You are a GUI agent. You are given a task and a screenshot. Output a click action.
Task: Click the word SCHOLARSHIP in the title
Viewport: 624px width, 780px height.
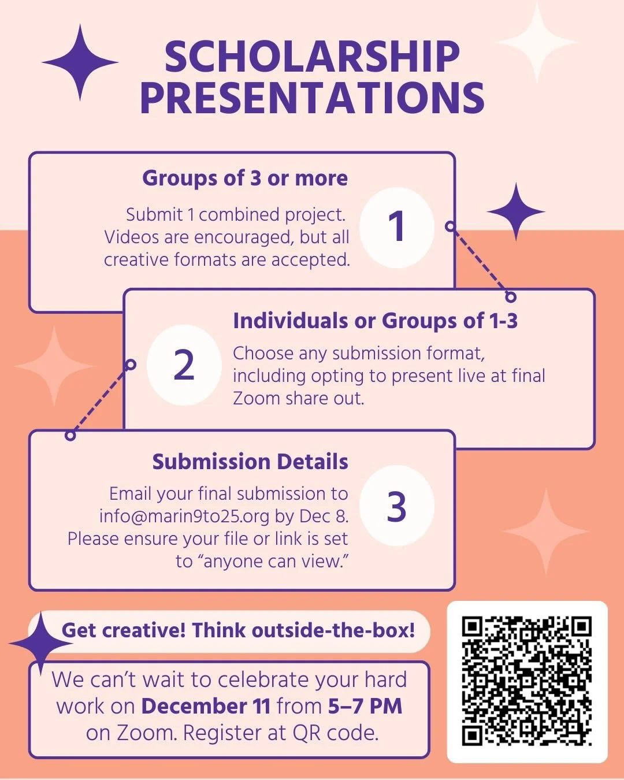[x=312, y=57]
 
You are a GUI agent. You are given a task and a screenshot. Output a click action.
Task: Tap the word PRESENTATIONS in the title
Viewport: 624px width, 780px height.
[x=312, y=98]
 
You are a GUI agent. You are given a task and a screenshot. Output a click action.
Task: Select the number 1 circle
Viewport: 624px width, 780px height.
[x=396, y=226]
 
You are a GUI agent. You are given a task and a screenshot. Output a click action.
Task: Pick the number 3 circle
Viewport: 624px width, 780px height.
[x=396, y=507]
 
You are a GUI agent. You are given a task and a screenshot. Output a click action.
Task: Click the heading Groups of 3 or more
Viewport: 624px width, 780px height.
[x=245, y=178]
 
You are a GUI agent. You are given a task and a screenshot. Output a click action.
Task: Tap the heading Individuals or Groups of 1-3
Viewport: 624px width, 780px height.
[x=375, y=320]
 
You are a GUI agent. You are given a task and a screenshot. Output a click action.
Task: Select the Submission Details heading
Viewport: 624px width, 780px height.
[x=250, y=462]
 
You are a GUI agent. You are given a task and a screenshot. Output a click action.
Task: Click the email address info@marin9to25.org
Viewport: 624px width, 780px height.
[x=184, y=516]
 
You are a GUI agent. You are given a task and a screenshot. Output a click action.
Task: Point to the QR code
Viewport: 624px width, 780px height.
[x=527, y=682]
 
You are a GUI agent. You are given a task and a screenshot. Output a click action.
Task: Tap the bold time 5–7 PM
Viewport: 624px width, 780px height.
[x=365, y=706]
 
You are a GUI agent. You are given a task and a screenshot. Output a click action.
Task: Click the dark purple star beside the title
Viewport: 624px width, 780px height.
[x=80, y=62]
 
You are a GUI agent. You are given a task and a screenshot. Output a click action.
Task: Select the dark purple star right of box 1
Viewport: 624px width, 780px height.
[x=515, y=211]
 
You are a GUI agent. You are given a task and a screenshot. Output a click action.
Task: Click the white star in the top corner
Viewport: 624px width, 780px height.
[x=537, y=42]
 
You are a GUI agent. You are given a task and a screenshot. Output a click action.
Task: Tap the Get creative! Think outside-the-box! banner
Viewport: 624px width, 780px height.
[x=238, y=630]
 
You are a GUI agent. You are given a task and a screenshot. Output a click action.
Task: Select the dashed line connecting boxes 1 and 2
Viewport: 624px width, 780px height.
[x=480, y=261]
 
